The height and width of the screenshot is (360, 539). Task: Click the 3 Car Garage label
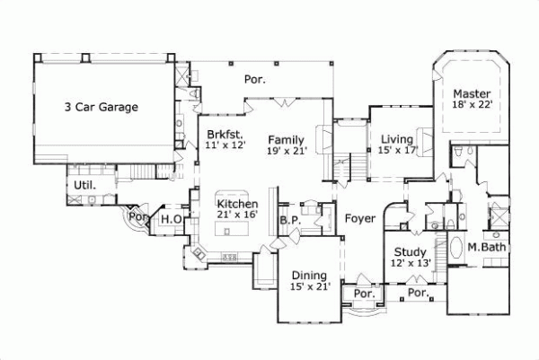[101, 107]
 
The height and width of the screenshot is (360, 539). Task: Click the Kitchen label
[238, 204]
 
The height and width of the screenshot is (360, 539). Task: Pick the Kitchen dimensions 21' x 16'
[238, 215]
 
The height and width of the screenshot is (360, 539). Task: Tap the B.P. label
[289, 219]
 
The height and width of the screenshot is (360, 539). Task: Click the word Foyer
[359, 216]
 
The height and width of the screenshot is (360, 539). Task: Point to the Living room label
[396, 139]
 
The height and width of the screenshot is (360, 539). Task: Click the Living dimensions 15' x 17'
[396, 151]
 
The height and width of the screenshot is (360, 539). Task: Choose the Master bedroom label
[471, 93]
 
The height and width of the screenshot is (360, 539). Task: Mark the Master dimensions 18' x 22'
[472, 105]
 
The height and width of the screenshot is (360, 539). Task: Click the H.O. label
[172, 218]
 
